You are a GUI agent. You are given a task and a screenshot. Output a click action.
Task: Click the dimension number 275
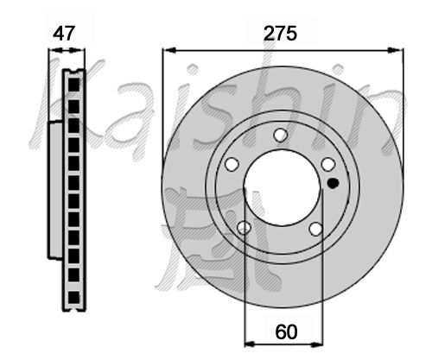[280, 34]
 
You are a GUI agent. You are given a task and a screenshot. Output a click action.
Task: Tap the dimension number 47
[64, 34]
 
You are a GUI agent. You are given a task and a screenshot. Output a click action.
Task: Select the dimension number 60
[286, 332]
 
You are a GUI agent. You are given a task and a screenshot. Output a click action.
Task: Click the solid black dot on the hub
[334, 183]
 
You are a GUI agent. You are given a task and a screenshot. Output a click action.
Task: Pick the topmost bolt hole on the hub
[280, 135]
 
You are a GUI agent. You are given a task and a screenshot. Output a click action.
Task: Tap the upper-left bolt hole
[232, 164]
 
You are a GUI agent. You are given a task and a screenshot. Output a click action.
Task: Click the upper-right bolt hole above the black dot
[328, 165]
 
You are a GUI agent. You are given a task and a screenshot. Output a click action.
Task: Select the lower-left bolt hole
[244, 228]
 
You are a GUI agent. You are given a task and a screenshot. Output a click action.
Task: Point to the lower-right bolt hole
[315, 229]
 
